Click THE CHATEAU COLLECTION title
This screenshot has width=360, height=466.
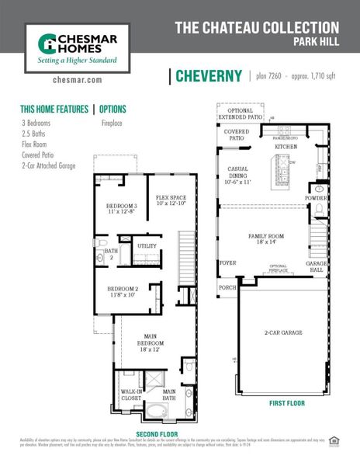click(x=256, y=28)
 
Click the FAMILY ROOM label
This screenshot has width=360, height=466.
click(x=266, y=238)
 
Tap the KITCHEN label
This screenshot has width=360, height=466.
click(x=286, y=146)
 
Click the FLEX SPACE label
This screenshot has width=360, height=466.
click(x=171, y=200)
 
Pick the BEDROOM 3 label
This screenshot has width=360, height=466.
click(x=121, y=207)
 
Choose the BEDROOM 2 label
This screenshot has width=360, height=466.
click(x=123, y=291)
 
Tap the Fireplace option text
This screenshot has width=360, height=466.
click(x=115, y=123)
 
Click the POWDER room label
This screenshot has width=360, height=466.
click(x=317, y=198)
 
